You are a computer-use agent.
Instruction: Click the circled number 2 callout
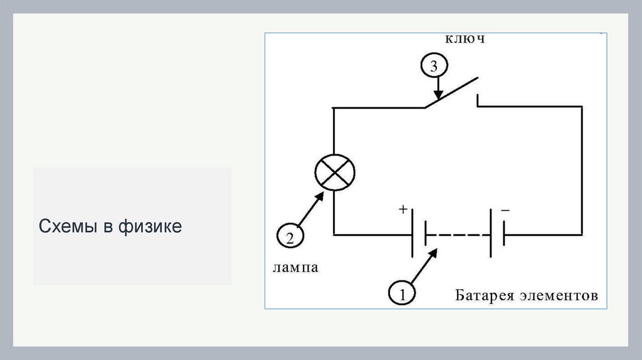(x=290, y=237)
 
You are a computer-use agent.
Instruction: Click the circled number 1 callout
(x=402, y=292)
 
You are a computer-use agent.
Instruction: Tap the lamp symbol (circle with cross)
(x=334, y=171)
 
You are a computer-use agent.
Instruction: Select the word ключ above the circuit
(x=466, y=39)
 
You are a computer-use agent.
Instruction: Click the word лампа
(x=295, y=268)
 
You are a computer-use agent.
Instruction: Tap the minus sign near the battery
(x=505, y=211)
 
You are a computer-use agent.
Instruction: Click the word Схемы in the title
(x=65, y=226)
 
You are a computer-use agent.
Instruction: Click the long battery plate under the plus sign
(x=413, y=234)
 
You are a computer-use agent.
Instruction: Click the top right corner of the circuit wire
(x=582, y=107)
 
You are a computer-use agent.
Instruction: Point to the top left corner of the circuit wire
(x=334, y=108)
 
